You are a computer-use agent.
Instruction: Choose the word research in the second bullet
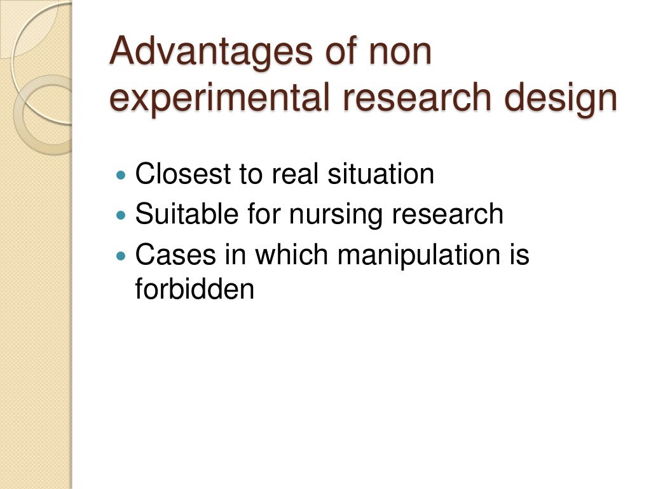448,215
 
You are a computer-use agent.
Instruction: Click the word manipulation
425,255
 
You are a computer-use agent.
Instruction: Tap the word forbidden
195,289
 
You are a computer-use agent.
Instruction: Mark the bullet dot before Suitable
123,215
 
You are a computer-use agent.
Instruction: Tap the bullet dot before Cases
123,256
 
